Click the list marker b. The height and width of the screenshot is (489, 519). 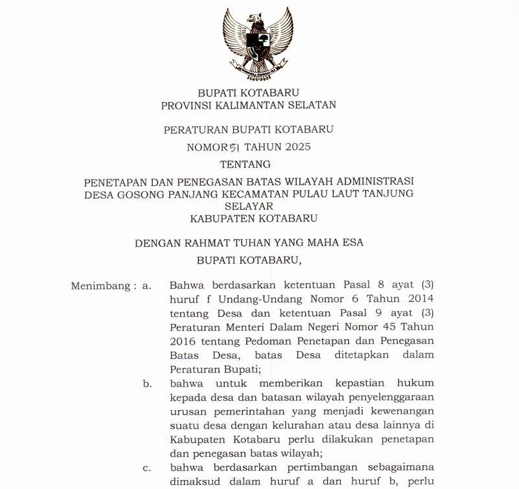point(147,383)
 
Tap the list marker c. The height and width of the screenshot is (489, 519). point(147,468)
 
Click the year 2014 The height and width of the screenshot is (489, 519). point(418,299)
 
